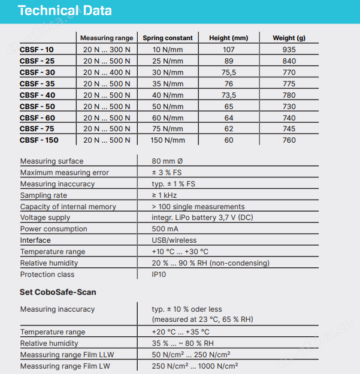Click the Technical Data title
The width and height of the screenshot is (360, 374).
pyautogui.click(x=65, y=11)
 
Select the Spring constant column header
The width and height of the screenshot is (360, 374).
pyautogui.click(x=168, y=38)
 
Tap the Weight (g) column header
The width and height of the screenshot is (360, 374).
pyautogui.click(x=289, y=38)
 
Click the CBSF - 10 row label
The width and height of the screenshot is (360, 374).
pyautogui.click(x=37, y=50)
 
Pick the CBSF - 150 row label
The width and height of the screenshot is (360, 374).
pyautogui.click(x=39, y=140)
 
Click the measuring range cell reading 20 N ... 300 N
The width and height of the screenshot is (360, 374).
pyautogui.click(x=107, y=50)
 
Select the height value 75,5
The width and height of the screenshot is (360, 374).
pyautogui.click(x=229, y=73)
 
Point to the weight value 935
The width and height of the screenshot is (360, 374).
pyautogui.click(x=289, y=50)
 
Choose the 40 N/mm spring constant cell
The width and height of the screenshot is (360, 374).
pyautogui.click(x=168, y=95)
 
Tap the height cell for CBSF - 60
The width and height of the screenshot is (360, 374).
pyautogui.click(x=229, y=118)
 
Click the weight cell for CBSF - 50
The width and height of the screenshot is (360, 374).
pyautogui.click(x=289, y=106)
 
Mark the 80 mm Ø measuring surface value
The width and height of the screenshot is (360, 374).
pyautogui.click(x=167, y=161)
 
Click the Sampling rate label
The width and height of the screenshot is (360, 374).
pyautogui.click(x=44, y=195)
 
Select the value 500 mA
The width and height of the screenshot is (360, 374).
pyautogui.click(x=165, y=229)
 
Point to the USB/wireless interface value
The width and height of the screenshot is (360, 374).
pyautogui.click(x=174, y=240)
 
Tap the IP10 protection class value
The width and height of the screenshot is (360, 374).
pyautogui.click(x=159, y=275)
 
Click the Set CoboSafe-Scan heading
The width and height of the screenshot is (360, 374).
pyautogui.click(x=58, y=292)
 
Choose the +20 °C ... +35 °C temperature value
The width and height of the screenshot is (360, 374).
pyautogui.click(x=180, y=332)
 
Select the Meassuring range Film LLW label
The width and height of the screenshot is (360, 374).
pyautogui.click(x=67, y=355)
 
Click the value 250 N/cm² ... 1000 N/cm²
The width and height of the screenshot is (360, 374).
pyautogui.click(x=195, y=366)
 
